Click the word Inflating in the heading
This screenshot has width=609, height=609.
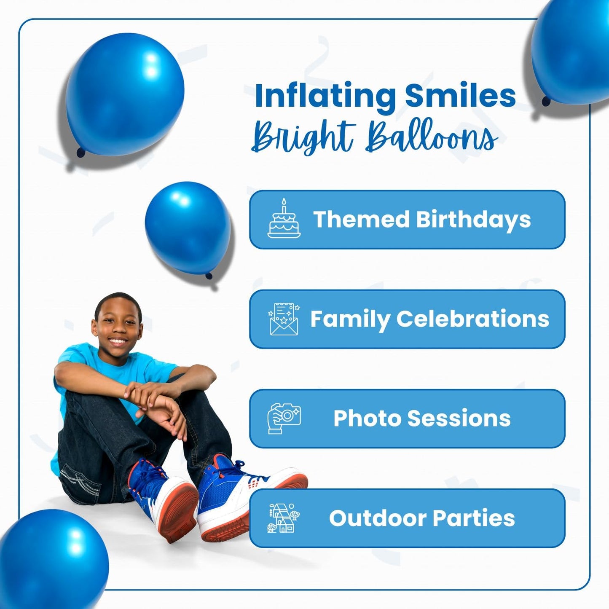click(325, 96)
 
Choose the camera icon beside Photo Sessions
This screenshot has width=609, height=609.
click(284, 418)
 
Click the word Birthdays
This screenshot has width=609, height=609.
click(473, 220)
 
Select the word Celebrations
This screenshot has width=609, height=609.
click(472, 319)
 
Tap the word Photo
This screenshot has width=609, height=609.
click(367, 419)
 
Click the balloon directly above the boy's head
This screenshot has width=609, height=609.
click(188, 228)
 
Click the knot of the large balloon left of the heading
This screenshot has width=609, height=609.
click(80, 152)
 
